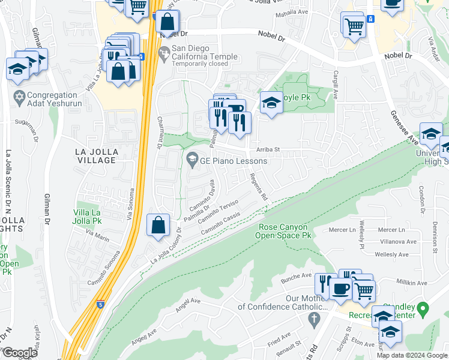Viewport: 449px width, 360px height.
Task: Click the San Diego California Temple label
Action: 199,56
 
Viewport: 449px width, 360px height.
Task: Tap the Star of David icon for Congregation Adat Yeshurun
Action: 19,96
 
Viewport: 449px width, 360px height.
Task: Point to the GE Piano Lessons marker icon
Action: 192,160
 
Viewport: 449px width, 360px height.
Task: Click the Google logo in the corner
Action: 20,353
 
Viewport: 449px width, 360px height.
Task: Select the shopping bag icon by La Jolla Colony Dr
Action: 158,226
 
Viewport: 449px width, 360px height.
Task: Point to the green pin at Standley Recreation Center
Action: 423,309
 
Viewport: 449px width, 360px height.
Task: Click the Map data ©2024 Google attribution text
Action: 411,355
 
